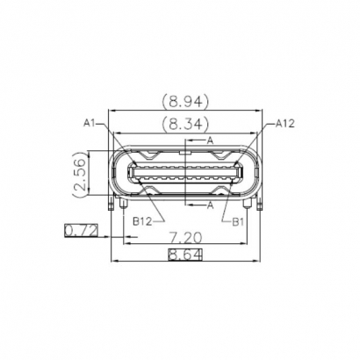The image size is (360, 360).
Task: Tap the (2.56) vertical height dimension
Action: pos(80,176)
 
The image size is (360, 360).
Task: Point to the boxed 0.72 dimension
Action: pos(81,231)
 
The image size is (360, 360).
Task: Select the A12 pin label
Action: pos(284,124)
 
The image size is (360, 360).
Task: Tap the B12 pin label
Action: pos(144,222)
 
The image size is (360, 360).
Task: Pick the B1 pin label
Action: pos(236,222)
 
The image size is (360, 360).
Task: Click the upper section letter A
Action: pos(210,140)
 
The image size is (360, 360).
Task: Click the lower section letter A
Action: pos(210,205)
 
